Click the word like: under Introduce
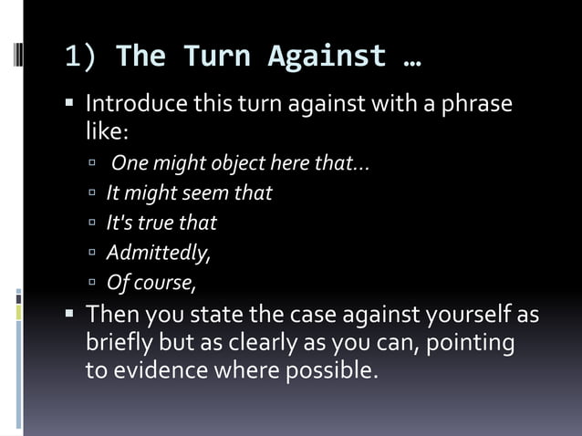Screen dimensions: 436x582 [x=107, y=131]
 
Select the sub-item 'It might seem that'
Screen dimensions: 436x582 [x=189, y=193]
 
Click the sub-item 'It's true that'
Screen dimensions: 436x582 [x=161, y=223]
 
